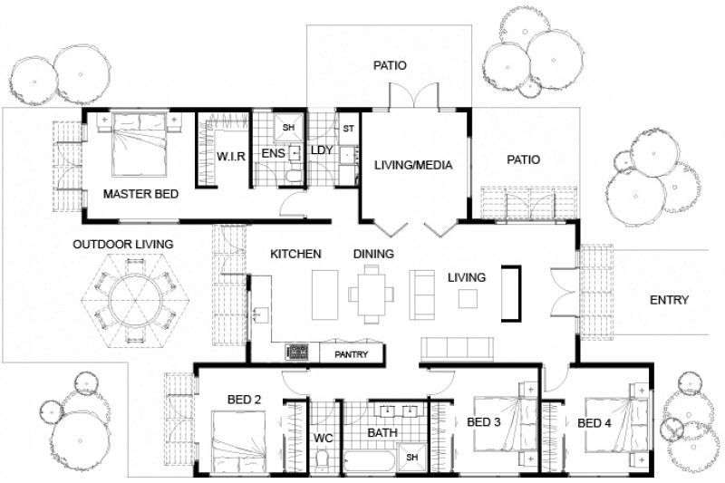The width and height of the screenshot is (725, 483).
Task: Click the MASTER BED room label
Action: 140,194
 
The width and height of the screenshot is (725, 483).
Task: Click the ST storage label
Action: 348,128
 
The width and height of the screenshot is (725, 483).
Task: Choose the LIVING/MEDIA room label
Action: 412,165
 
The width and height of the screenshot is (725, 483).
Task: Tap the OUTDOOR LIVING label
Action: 123,244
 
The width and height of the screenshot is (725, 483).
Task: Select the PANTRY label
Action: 351,354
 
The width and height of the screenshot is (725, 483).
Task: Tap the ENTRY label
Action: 670,300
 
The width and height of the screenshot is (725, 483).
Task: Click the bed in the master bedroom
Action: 140,145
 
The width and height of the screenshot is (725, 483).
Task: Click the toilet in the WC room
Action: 324,461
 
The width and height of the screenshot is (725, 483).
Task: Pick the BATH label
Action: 382,433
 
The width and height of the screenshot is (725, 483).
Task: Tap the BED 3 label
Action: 484,422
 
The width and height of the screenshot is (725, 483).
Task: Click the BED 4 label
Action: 594,423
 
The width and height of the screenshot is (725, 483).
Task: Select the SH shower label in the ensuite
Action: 288,128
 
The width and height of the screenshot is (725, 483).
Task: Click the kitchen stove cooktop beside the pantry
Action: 298,352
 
